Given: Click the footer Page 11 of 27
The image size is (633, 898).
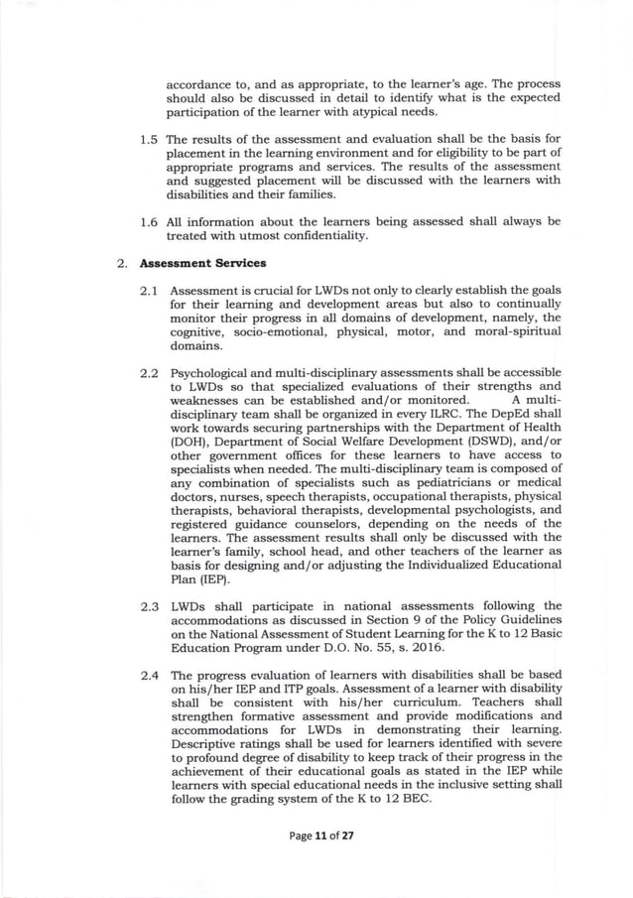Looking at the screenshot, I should pos(316,835).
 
